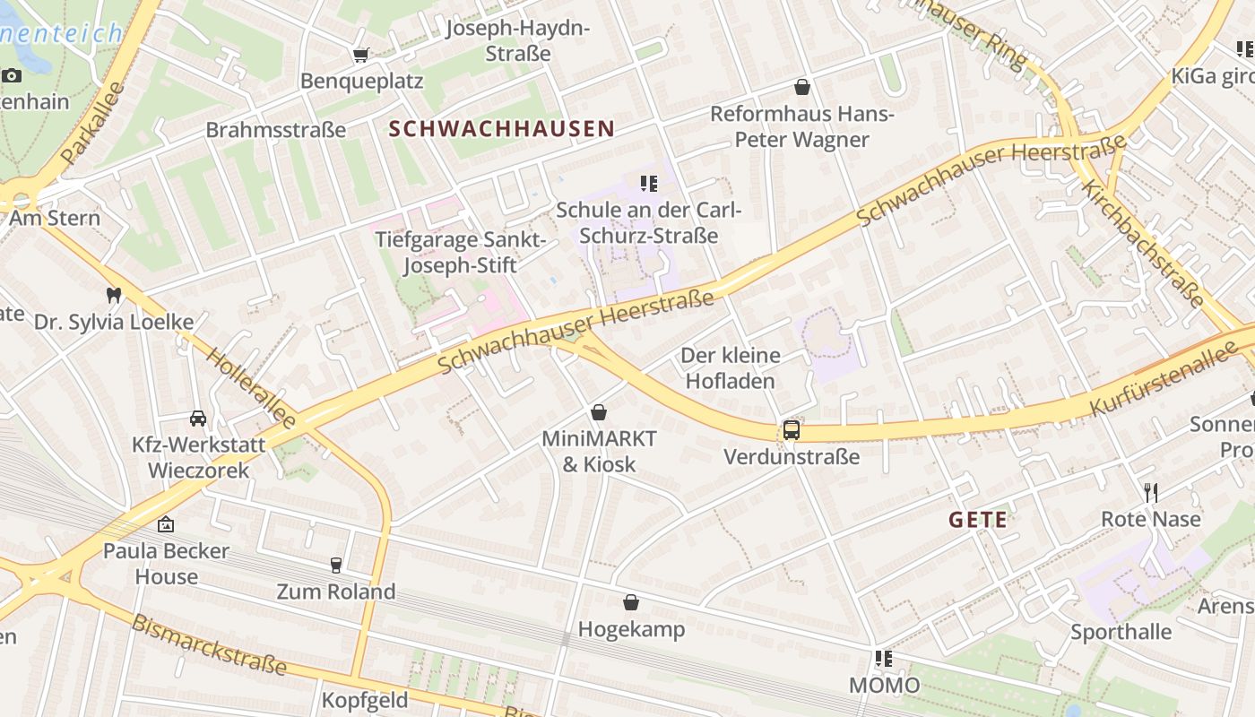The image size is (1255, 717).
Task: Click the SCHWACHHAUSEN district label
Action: (x=502, y=129)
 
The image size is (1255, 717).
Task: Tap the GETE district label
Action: (x=977, y=520)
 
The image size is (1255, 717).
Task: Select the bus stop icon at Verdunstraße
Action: (x=791, y=430)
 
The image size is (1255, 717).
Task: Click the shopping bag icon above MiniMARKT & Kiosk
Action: (x=598, y=412)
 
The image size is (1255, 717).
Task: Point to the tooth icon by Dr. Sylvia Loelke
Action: (x=113, y=294)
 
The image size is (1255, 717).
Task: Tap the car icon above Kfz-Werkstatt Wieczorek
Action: (x=197, y=418)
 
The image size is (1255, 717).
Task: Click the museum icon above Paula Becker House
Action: (x=165, y=524)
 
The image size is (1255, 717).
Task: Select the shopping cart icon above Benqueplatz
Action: (x=360, y=56)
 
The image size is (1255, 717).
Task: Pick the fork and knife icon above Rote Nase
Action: (x=1151, y=492)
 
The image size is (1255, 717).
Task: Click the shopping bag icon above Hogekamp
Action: (x=631, y=602)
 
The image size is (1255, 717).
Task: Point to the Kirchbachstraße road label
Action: (x=1142, y=243)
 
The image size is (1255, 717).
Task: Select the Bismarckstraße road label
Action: (x=209, y=645)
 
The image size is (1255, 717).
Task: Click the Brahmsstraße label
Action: (x=276, y=130)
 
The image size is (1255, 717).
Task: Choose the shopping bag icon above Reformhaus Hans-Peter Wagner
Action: (x=802, y=87)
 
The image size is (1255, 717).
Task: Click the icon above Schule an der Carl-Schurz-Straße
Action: (x=649, y=184)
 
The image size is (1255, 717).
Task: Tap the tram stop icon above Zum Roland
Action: (x=336, y=565)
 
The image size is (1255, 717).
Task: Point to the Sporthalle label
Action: (x=1121, y=632)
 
